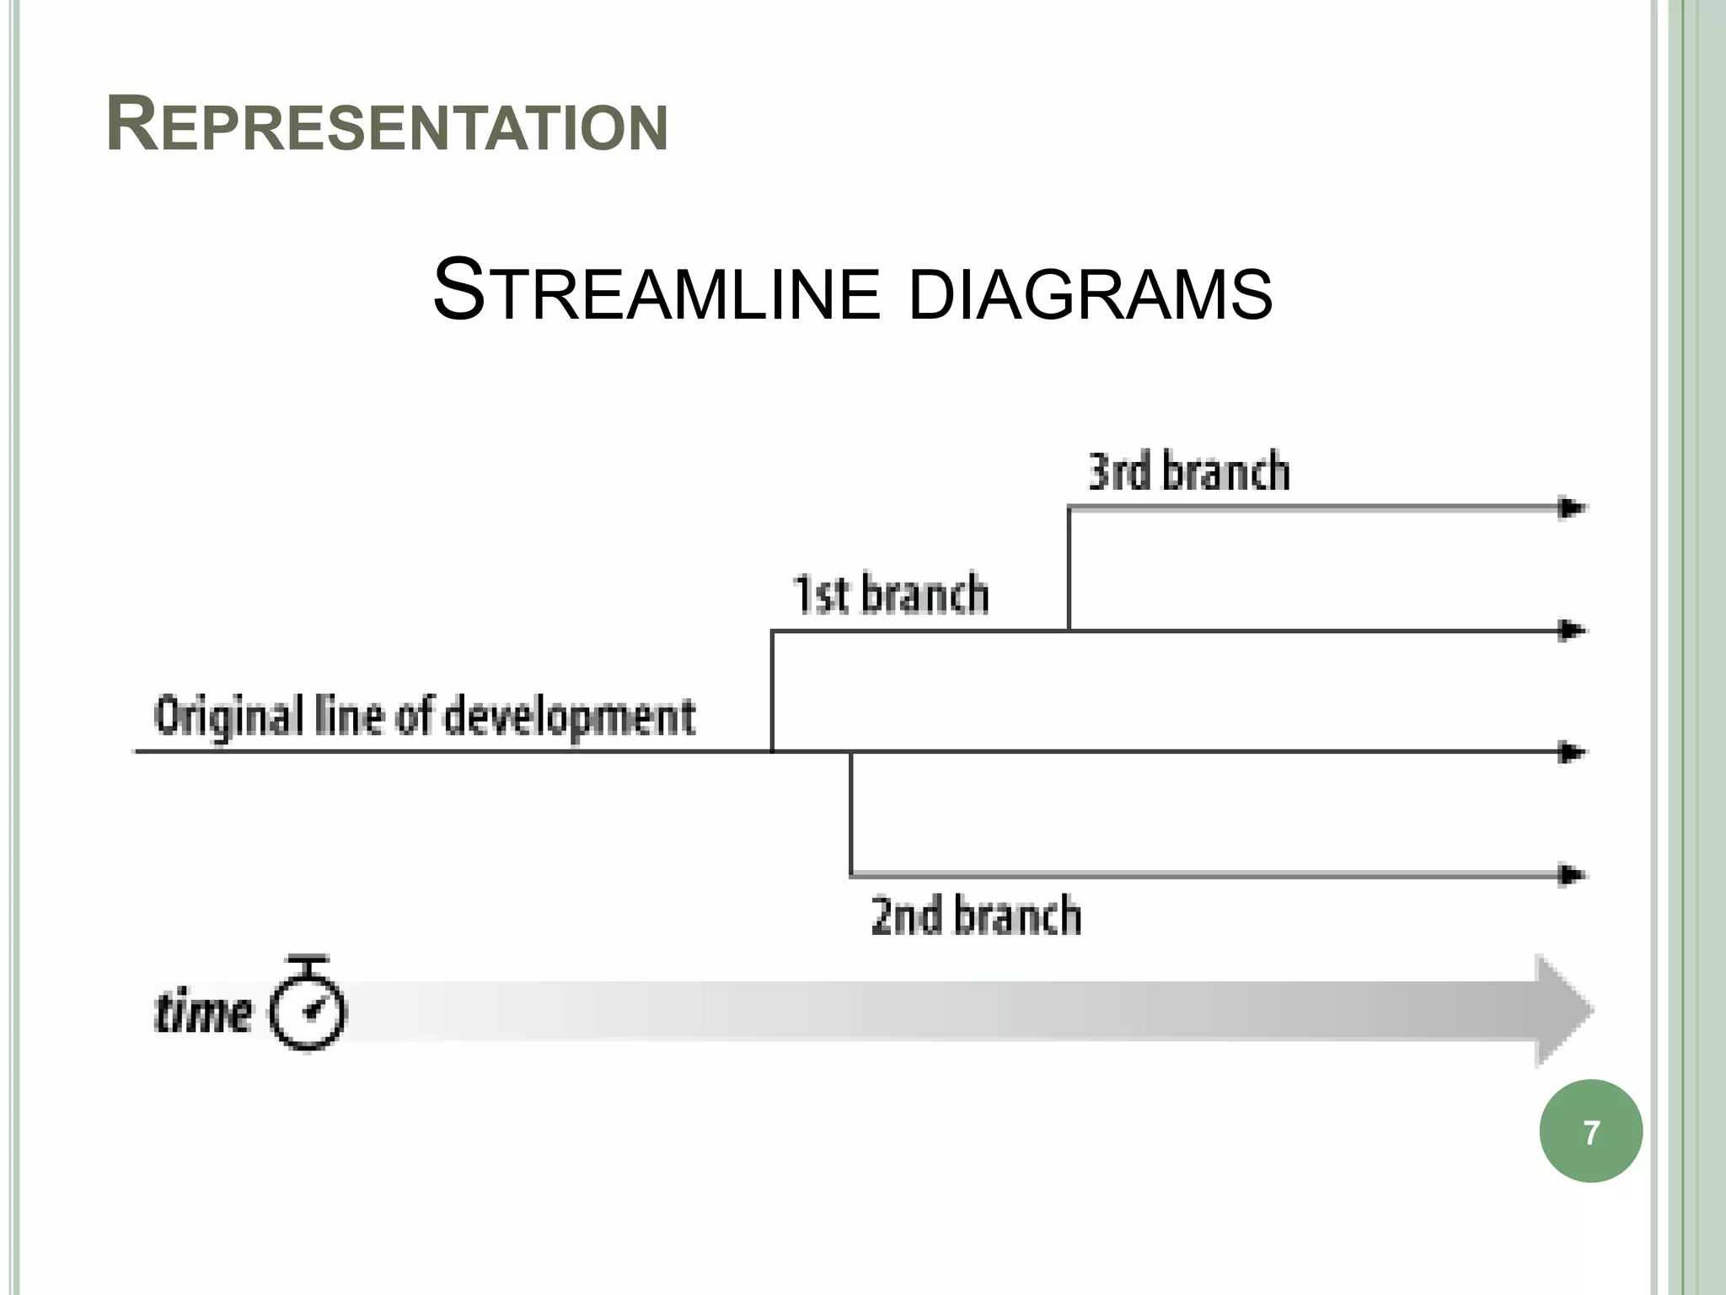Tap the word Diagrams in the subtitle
[1091, 293]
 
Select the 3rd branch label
[1188, 471]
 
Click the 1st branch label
[891, 594]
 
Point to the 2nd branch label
[976, 916]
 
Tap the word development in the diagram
[570, 717]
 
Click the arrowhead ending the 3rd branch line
[1572, 508]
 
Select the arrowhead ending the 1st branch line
[1572, 631]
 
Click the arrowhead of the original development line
[1572, 752]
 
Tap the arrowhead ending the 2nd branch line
[1572, 875]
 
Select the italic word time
[203, 1013]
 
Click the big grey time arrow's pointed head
[1563, 1011]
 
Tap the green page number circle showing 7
[1590, 1131]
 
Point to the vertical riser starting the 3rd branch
[1069, 569]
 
